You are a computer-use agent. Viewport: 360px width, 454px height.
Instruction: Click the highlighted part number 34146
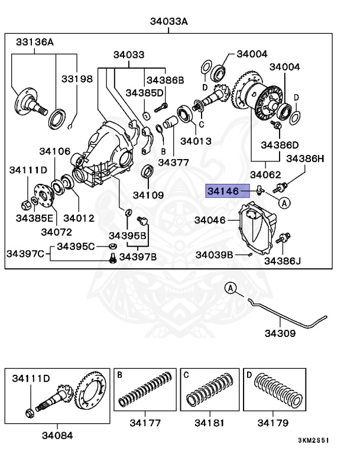pos(222,190)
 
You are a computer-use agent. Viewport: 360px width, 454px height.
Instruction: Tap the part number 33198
pos(77,78)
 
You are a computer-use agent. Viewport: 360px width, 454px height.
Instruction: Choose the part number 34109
pos(148,194)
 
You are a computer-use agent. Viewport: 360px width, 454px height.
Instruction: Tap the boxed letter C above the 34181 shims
pos(186,374)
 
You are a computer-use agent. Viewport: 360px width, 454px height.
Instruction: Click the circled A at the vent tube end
pos(231,288)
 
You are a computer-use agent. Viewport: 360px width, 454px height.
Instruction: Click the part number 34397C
pos(25,254)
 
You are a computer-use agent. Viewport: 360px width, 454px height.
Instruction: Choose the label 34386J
pos(282,260)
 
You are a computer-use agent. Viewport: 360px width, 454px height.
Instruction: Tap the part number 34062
pos(265,174)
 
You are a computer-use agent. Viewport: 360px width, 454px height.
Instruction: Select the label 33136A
pos(34,43)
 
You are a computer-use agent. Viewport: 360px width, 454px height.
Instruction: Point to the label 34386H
pos(306,158)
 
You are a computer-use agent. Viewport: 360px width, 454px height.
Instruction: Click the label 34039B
pos(214,255)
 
